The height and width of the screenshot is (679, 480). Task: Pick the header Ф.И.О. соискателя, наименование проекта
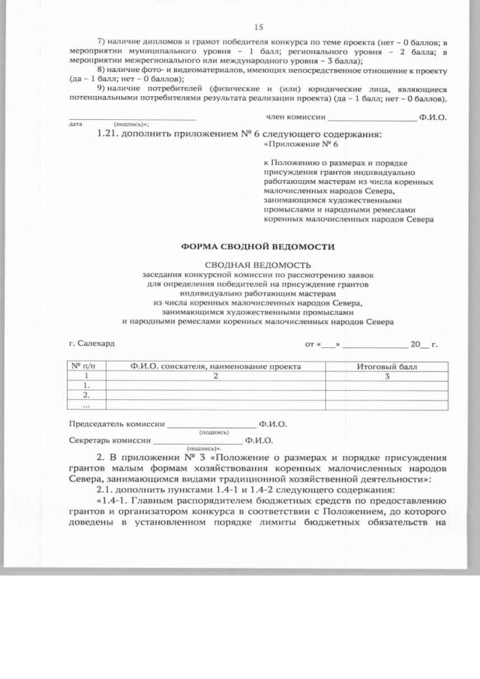click(x=215, y=367)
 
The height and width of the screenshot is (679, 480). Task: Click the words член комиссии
click(x=295, y=117)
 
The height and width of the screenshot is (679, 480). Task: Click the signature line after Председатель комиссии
click(x=211, y=425)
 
